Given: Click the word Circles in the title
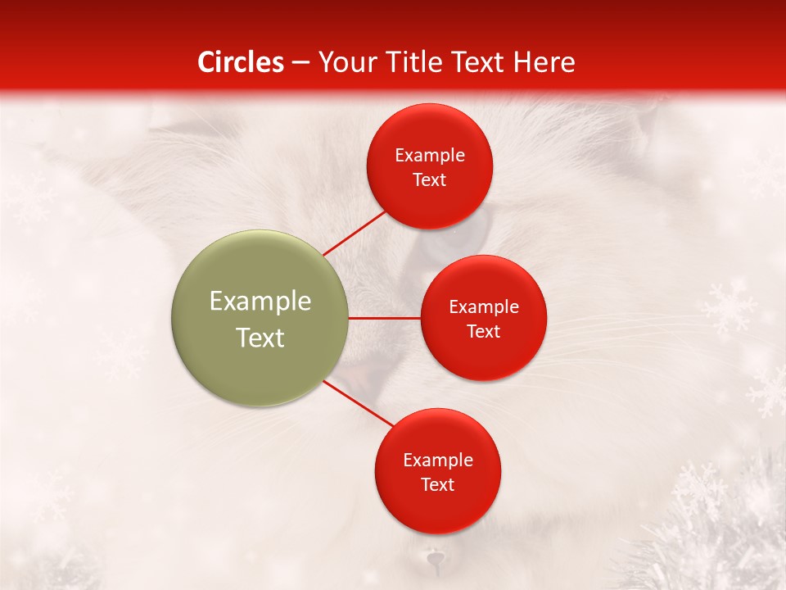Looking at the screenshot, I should tap(241, 62).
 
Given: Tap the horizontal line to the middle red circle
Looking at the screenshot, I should tap(384, 318).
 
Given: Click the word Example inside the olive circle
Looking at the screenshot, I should tap(260, 302).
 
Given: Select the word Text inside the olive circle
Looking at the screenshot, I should tap(260, 338).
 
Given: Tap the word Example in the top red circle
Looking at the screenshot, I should tap(430, 156).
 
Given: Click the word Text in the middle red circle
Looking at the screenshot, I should tap(484, 331).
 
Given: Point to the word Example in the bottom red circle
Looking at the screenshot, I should tap(438, 461).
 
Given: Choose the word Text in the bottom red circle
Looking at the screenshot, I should tap(438, 485).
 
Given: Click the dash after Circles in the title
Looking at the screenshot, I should tap(300, 63).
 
